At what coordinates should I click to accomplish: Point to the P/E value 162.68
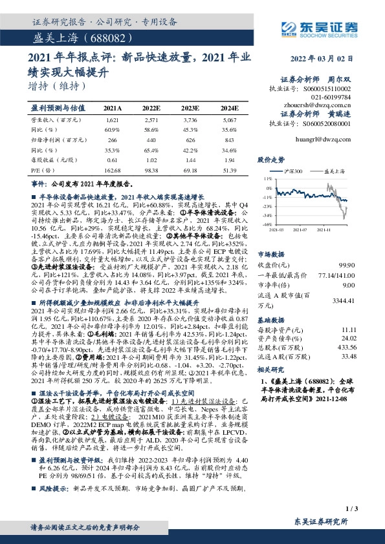[x=112, y=169]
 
